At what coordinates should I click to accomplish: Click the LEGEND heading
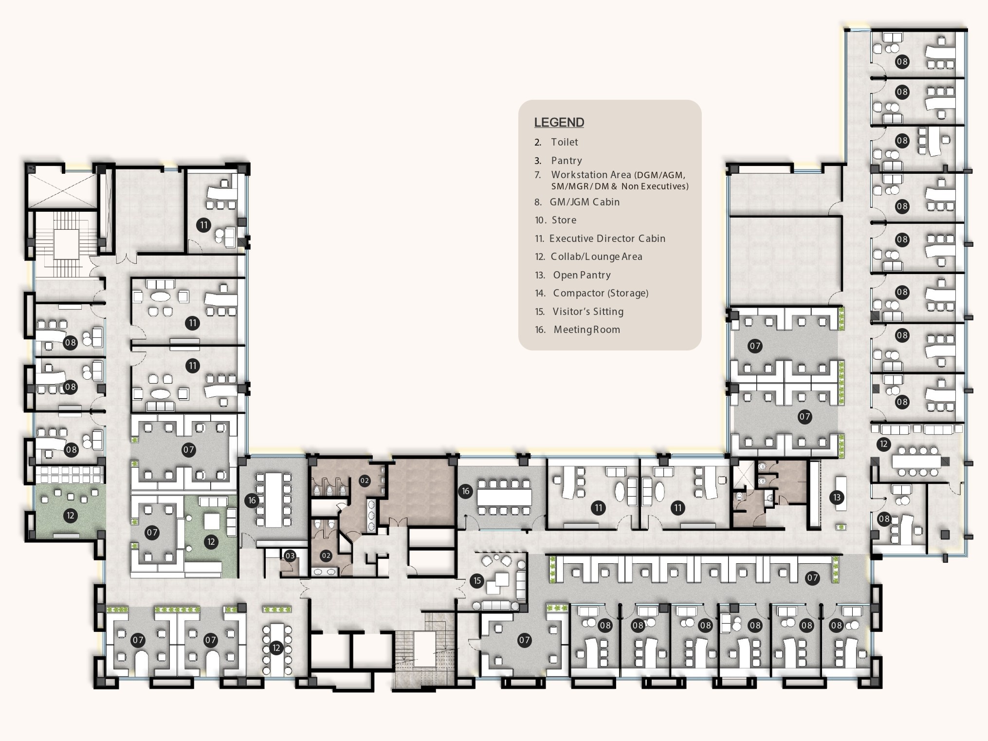tap(559, 122)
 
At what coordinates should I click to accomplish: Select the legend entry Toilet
tap(564, 142)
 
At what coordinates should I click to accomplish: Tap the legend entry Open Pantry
tap(581, 275)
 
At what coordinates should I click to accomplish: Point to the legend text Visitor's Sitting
tap(587, 312)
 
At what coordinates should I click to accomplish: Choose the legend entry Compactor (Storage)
tap(600, 293)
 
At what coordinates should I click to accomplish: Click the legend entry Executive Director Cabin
tap(607, 239)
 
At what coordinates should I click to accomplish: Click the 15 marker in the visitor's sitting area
tap(477, 580)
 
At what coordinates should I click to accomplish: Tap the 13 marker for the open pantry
tap(837, 497)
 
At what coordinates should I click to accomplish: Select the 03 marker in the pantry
tap(290, 556)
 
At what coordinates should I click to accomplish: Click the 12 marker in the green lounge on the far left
tap(71, 516)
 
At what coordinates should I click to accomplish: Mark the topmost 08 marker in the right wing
tap(902, 61)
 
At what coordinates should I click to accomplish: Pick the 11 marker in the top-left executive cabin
tap(203, 225)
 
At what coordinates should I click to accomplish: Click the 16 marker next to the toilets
tap(252, 500)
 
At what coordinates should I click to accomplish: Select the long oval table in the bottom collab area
tap(276, 648)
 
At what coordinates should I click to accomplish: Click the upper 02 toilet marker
tap(365, 481)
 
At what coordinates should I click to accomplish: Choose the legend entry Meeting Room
tap(586, 330)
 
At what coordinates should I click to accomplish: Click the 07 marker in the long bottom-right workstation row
tap(812, 578)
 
